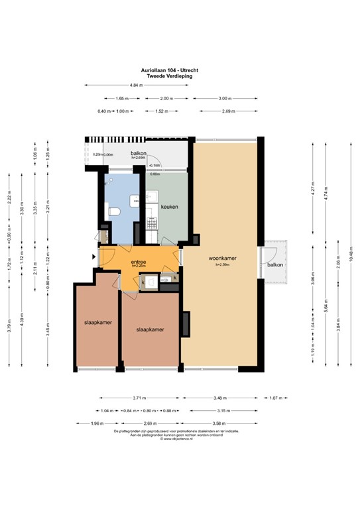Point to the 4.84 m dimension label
pos(137,85)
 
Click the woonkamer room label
pos(223,258)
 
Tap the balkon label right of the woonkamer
pos(275,264)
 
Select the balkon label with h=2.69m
pos(138,154)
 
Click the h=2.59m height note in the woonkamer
pos(223,264)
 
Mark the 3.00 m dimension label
pos(225,98)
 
